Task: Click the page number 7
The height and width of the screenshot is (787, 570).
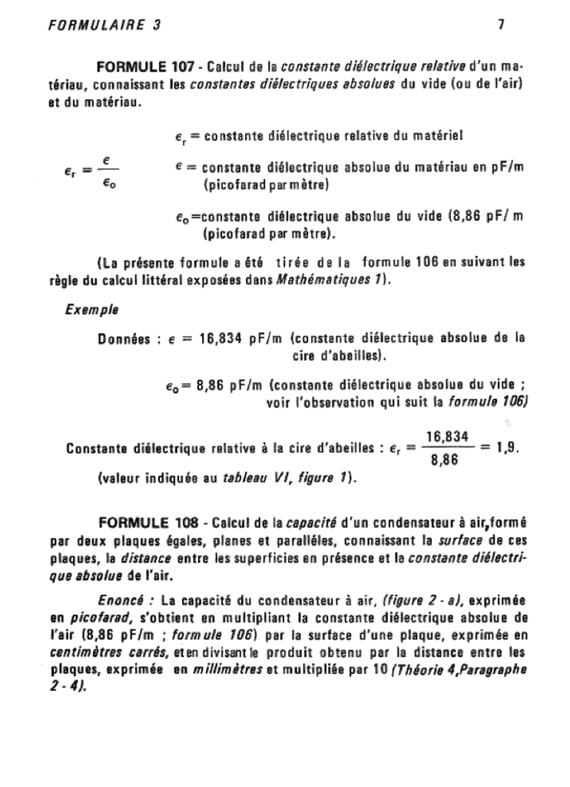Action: pos(500,24)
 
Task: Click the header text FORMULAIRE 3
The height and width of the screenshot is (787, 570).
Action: pos(104,24)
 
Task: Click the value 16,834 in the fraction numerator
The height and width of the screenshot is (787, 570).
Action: pos(447,436)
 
